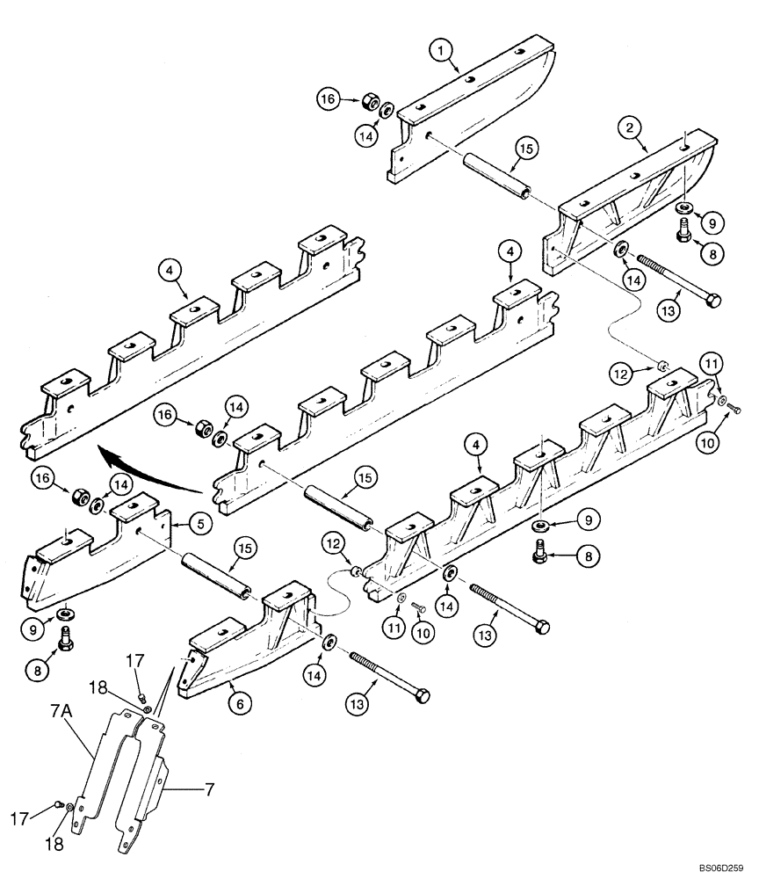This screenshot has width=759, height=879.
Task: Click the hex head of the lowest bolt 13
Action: [x=422, y=695]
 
